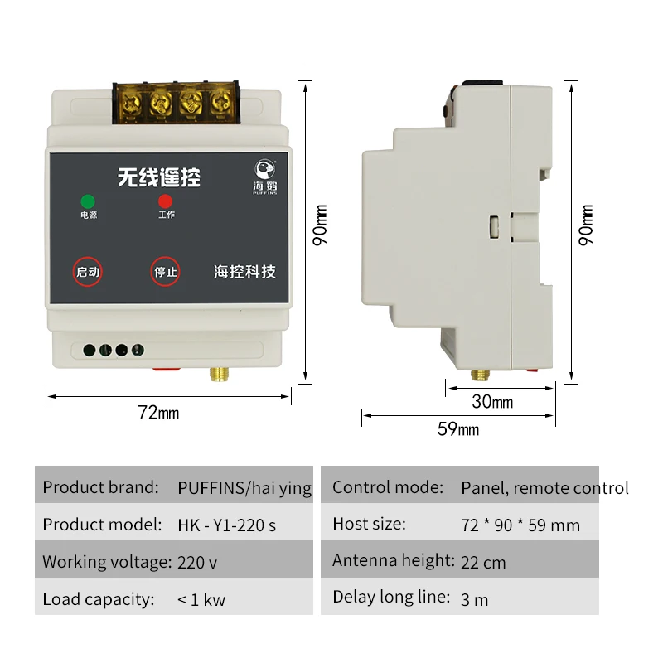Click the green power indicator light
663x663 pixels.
pyautogui.click(x=87, y=201)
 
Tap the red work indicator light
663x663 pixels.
pyautogui.click(x=166, y=201)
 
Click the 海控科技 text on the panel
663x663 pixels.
pyautogui.click(x=244, y=272)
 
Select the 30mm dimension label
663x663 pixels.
pyautogui.click(x=492, y=402)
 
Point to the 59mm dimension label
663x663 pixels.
pyautogui.click(x=458, y=428)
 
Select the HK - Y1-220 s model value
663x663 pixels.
pyautogui.click(x=227, y=525)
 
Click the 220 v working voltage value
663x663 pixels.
pyautogui.click(x=197, y=562)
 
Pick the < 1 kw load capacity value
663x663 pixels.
pyautogui.click(x=201, y=599)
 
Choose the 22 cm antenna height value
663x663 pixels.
pyautogui.click(x=483, y=562)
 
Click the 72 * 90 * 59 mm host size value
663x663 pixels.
pyautogui.click(x=520, y=525)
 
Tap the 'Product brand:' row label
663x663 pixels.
pyautogui.click(x=100, y=487)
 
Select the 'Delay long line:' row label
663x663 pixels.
pyautogui.click(x=391, y=597)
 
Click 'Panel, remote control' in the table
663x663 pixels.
pyautogui.click(x=544, y=488)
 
